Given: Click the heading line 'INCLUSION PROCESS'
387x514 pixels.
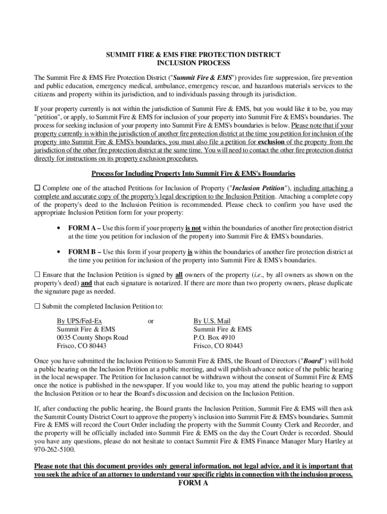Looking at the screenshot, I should (x=193, y=63).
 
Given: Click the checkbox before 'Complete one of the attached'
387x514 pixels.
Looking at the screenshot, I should (x=37, y=188).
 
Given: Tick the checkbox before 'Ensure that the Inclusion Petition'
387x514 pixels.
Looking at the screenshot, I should (x=37, y=275).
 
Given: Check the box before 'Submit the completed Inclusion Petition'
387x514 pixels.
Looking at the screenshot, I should (x=37, y=306).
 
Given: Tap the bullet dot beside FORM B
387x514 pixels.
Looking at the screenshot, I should (x=59, y=252).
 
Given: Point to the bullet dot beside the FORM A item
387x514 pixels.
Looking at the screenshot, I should (x=59, y=228).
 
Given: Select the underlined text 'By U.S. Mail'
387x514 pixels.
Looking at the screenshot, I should (x=212, y=321).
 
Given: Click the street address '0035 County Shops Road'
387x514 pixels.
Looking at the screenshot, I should (x=92, y=337).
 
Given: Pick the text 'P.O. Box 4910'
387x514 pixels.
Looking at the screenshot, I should (x=214, y=337).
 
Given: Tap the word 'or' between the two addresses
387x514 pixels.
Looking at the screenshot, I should (x=151, y=321).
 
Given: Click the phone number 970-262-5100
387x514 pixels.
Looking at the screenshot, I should (x=52, y=450).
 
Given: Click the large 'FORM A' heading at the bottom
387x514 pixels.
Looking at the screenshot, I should (x=193, y=483).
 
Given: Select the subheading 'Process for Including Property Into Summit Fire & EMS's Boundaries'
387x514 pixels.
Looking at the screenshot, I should (x=193, y=174).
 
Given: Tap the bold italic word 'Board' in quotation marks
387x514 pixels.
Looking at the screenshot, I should (x=312, y=361).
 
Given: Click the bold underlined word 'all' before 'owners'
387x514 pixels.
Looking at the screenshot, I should (x=178, y=275).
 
